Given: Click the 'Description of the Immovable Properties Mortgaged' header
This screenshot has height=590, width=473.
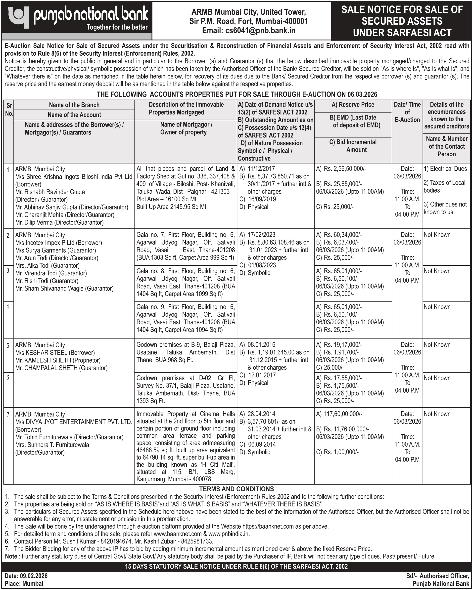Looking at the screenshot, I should [186, 108].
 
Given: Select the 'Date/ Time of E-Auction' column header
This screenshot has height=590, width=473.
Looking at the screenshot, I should [407, 112].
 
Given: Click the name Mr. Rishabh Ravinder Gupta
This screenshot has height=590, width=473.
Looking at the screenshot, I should [50, 192].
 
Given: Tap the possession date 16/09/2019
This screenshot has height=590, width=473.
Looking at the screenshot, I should [262, 199].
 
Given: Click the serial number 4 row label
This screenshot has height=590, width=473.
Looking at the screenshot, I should [8, 306].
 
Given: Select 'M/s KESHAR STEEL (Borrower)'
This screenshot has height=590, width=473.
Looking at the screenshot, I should [55, 353].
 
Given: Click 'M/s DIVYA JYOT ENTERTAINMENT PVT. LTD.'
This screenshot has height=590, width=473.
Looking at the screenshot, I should [74, 422].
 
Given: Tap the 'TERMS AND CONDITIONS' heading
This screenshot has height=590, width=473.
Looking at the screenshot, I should [236, 489].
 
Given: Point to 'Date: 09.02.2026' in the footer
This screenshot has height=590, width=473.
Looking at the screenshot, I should [26, 576].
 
